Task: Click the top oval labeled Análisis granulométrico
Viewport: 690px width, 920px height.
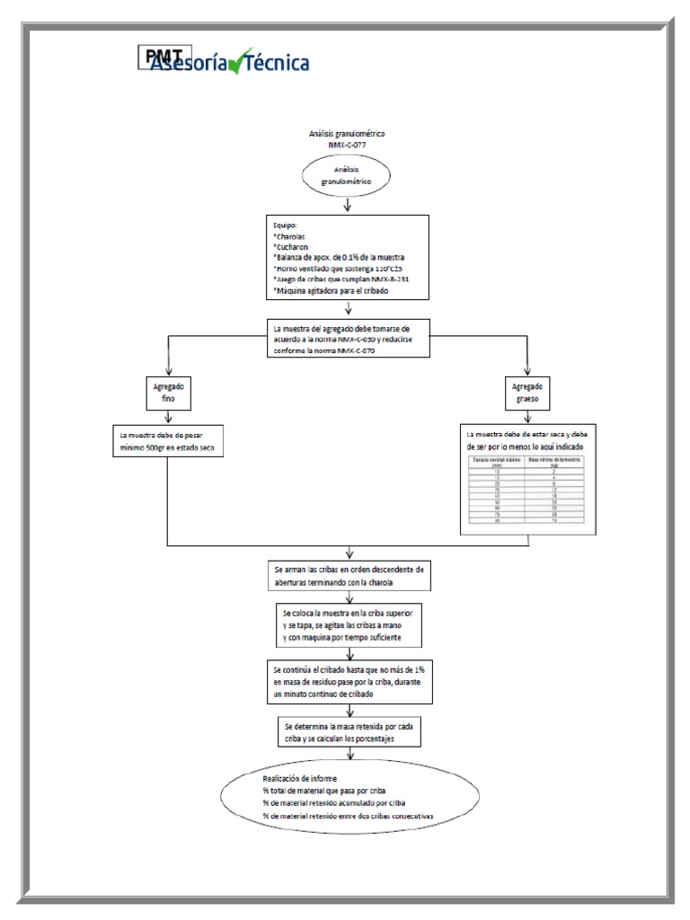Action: click(x=347, y=174)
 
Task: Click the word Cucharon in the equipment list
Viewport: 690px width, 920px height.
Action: click(x=293, y=246)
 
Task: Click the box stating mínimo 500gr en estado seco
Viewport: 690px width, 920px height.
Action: click(x=168, y=440)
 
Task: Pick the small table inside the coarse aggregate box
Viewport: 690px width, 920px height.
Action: click(x=528, y=490)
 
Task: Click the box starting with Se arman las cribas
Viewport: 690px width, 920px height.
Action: click(x=348, y=576)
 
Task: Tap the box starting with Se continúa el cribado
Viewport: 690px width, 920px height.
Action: click(x=347, y=683)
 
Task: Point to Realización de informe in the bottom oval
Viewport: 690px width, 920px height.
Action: click(x=299, y=778)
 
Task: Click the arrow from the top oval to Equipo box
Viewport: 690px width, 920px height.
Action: click(x=347, y=206)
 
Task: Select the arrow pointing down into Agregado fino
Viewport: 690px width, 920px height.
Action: click(x=169, y=365)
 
